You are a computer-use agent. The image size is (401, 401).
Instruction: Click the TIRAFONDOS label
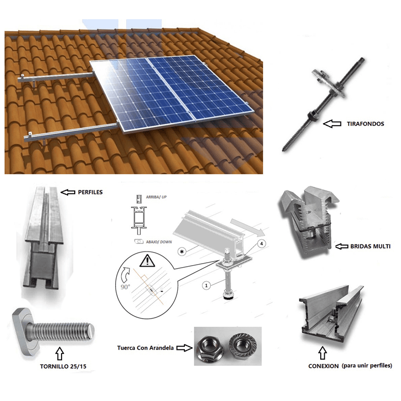(x=365, y=124)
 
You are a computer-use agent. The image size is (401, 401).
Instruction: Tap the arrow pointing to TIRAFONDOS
(x=332, y=124)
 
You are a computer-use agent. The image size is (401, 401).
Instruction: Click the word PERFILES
(x=90, y=192)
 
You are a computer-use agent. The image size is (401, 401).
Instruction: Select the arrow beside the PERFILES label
(x=68, y=192)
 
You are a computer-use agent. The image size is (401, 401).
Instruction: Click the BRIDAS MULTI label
(x=370, y=246)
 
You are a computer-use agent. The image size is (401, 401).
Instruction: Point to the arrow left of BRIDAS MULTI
(x=342, y=246)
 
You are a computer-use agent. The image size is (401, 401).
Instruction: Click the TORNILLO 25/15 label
(x=63, y=366)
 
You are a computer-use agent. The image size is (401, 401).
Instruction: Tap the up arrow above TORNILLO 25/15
(x=60, y=353)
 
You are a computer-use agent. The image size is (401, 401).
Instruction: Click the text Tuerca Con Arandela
(x=145, y=348)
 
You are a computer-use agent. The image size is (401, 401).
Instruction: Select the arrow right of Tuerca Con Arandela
(x=184, y=348)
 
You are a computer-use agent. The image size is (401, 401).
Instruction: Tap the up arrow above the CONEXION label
(x=323, y=353)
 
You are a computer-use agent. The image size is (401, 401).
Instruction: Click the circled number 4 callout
(x=262, y=243)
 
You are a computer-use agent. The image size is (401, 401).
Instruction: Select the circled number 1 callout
(x=207, y=285)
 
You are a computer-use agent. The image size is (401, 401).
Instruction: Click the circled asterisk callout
(x=182, y=252)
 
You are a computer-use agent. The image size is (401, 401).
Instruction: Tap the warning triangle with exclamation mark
(x=147, y=261)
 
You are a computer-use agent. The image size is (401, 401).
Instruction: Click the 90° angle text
(x=125, y=287)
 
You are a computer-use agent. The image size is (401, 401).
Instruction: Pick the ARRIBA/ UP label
(x=156, y=197)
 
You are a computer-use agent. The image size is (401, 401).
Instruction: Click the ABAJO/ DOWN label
(x=159, y=242)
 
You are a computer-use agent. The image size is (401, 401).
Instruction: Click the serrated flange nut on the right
(x=242, y=346)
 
